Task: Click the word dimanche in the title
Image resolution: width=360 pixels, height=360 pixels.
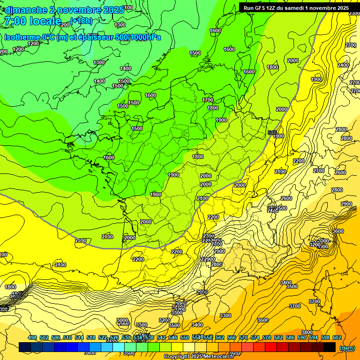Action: click(x=26, y=10)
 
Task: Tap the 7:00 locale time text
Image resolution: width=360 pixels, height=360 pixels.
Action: click(x=32, y=22)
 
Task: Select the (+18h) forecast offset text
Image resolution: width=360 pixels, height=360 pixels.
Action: click(x=81, y=21)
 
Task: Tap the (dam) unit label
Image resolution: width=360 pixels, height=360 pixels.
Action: click(x=347, y=348)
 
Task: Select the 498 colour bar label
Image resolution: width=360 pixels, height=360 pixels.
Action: click(x=32, y=338)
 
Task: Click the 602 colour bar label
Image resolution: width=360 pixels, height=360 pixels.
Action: click(x=337, y=338)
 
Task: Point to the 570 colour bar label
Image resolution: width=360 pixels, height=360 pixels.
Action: click(x=243, y=338)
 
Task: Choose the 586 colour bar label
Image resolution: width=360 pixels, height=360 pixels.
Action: click(x=290, y=338)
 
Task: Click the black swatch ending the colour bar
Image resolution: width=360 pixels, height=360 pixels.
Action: click(x=330, y=347)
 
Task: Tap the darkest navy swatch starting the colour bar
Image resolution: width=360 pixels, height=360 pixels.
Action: click(x=25, y=347)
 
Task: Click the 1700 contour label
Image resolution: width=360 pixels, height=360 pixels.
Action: click(x=208, y=100)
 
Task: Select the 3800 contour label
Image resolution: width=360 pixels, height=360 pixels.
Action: click(x=307, y=332)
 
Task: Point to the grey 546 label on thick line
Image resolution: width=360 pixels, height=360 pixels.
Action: click(x=272, y=133)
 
